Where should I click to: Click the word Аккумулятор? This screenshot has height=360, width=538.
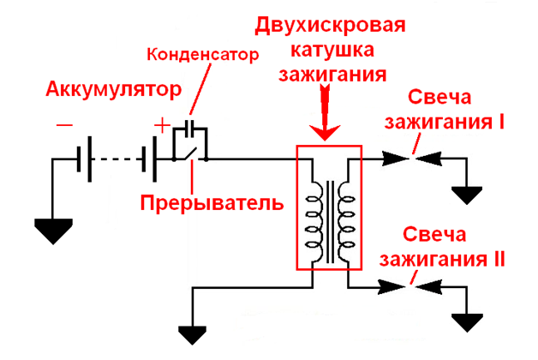(x=114, y=89)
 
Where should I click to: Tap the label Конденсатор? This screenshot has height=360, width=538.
(x=203, y=55)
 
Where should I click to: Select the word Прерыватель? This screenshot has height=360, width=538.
(x=212, y=202)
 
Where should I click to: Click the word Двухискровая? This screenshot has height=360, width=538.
(x=331, y=27)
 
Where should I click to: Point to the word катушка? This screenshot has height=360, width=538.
(x=332, y=51)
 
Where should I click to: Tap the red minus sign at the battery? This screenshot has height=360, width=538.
(x=64, y=125)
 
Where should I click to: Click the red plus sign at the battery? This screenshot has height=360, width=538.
(x=162, y=125)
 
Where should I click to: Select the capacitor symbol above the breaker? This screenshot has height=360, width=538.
(x=189, y=129)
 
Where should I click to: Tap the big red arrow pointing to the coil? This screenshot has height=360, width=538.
(x=325, y=112)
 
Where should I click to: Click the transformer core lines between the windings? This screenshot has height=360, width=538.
(x=331, y=222)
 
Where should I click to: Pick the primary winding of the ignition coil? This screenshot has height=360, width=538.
(x=314, y=222)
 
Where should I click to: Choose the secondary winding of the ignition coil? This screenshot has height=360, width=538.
(x=347, y=222)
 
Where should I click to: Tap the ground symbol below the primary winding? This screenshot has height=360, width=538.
(x=193, y=334)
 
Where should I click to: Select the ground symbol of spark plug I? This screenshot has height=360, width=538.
(x=467, y=195)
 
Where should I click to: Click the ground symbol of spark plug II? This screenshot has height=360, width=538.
(x=467, y=322)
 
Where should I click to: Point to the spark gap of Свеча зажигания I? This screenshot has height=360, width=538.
(x=412, y=159)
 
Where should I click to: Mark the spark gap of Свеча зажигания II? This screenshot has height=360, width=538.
(x=410, y=287)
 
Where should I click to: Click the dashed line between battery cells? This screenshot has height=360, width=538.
(x=116, y=159)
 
